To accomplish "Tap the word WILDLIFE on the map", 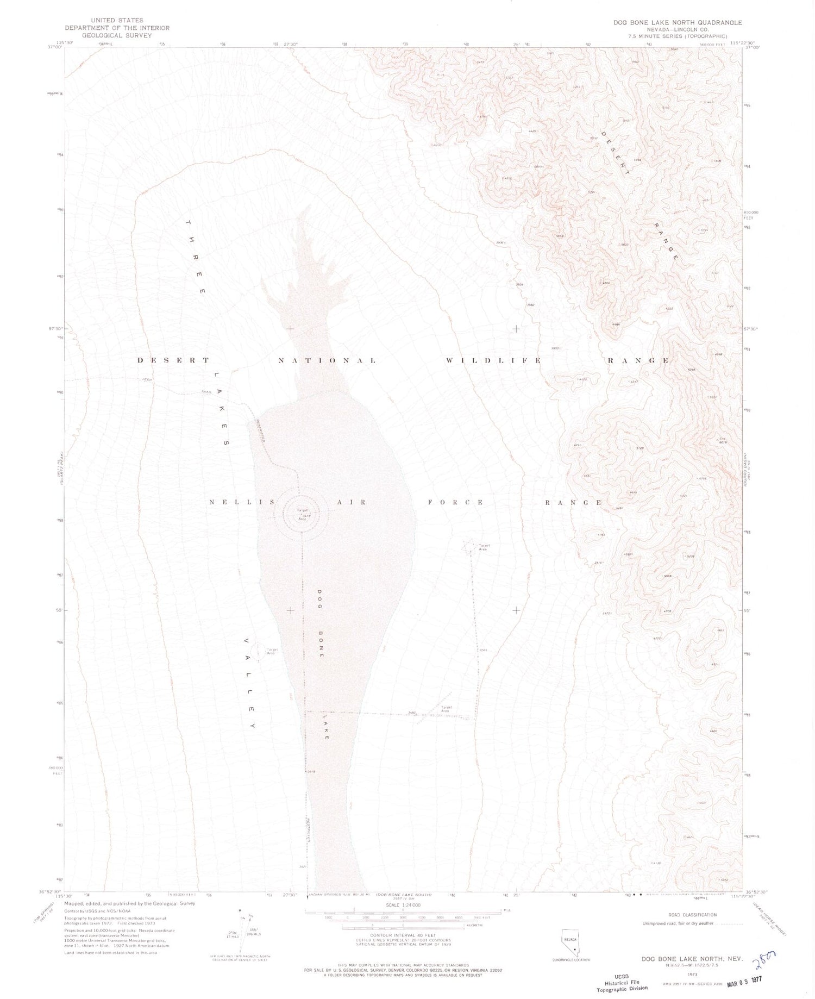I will coord(493,360).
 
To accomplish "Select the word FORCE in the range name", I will coord(455,503).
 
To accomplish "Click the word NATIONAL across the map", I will coord(327,360).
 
